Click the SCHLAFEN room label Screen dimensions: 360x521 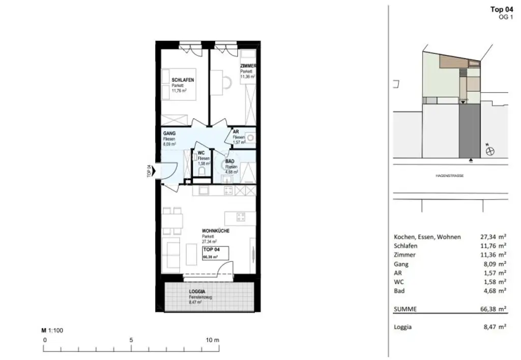[x=183, y=80]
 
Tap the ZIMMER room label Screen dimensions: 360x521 [x=248, y=66]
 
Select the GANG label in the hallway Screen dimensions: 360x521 [x=169, y=134]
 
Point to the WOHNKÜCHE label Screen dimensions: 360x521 [x=215, y=231]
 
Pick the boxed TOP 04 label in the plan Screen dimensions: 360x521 [x=211, y=250]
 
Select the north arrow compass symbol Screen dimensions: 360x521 [x=490, y=151]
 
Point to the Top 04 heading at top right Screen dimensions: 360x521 [x=501, y=9]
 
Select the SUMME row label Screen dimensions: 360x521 [x=406, y=309]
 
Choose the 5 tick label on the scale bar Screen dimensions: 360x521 [x=131, y=340]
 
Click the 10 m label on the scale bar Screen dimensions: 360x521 [x=213, y=340]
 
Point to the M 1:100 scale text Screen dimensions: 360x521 [x=52, y=330]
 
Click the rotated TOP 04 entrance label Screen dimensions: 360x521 [x=149, y=172]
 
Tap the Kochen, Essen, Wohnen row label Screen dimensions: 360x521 [x=427, y=237]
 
